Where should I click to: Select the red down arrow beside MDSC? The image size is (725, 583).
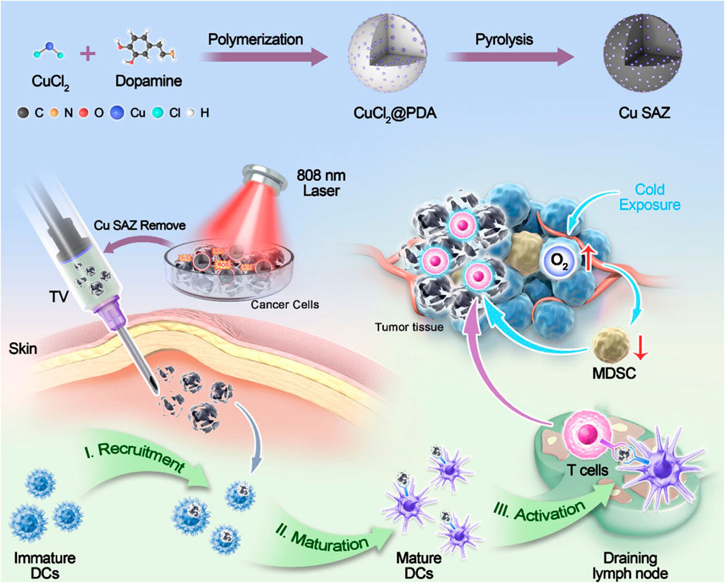click(639, 351)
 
